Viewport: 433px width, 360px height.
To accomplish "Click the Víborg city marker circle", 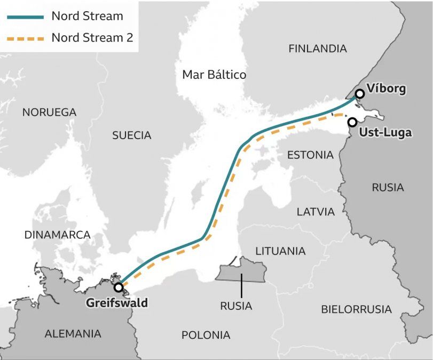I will click(x=360, y=94).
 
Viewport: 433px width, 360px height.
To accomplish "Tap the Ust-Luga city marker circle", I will click(x=352, y=122).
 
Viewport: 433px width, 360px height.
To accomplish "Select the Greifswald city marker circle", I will click(x=119, y=287).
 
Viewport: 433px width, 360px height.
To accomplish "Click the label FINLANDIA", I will click(x=317, y=49).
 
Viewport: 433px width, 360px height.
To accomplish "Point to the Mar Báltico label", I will click(x=214, y=75).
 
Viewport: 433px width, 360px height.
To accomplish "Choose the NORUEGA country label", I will click(x=49, y=113).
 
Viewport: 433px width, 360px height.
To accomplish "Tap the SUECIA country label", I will click(x=132, y=135).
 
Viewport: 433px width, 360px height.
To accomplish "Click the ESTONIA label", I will click(x=310, y=155).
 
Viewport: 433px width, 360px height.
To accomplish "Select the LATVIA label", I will click(x=316, y=212).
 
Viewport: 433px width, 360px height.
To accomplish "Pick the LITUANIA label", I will click(x=280, y=251).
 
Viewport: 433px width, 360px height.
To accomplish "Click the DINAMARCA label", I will click(x=58, y=235).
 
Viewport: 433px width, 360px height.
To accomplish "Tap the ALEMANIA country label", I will click(x=73, y=334).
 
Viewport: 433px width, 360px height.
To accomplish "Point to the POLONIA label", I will click(x=206, y=335).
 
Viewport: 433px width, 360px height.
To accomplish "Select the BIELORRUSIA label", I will click(x=356, y=309).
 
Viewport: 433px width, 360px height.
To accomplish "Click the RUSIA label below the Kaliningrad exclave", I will click(x=236, y=306).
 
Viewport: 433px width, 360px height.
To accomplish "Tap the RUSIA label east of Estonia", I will click(x=388, y=188).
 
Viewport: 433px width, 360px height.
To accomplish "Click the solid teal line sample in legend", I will click(x=25, y=17).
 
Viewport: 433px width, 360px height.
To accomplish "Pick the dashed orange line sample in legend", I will click(x=25, y=38).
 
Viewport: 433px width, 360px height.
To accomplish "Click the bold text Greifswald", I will click(x=117, y=303).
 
